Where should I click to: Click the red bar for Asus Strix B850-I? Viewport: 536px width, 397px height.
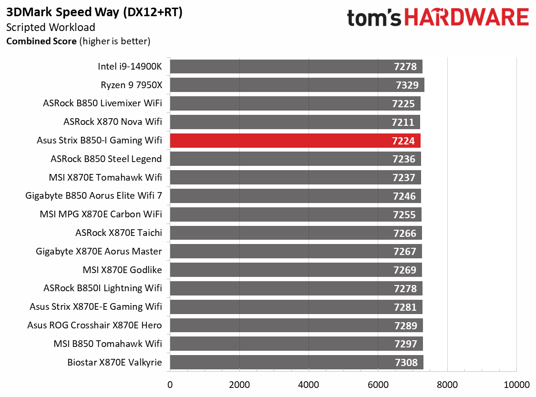(286, 141)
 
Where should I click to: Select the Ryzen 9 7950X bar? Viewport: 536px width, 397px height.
(286, 85)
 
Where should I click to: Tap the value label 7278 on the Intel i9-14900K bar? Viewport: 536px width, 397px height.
(405, 67)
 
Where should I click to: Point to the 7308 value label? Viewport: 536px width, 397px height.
(406, 363)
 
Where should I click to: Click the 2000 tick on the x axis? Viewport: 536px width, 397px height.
(239, 385)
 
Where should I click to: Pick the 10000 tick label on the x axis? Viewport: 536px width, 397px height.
(517, 385)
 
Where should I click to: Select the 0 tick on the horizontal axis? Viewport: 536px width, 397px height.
(170, 385)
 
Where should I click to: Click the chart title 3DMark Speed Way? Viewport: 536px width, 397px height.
(94, 13)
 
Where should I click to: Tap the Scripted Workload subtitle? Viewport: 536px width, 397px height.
(51, 28)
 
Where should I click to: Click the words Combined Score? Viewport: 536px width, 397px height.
(41, 41)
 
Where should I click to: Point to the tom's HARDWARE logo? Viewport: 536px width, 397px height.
(438, 18)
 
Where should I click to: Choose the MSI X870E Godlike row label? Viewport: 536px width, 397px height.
(122, 270)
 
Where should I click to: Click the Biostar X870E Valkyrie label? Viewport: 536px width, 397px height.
(115, 363)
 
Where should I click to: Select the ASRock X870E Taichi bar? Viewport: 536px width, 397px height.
(286, 233)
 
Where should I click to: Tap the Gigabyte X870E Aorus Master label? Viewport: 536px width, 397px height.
(99, 252)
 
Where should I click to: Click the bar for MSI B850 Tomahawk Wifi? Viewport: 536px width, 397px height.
(286, 344)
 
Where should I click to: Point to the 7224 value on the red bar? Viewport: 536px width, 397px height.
(404, 141)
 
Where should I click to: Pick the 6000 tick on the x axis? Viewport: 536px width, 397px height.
(378, 385)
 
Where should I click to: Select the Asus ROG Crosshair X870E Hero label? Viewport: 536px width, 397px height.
(94, 326)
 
